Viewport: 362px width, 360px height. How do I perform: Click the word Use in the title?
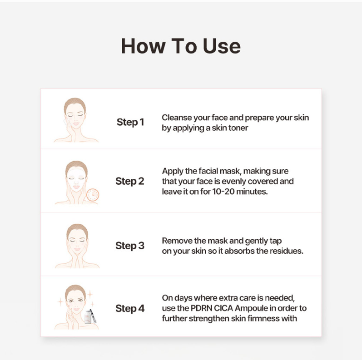pos(222,46)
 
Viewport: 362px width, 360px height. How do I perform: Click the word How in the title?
pos(143,46)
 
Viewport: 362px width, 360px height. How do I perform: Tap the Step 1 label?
pos(130,122)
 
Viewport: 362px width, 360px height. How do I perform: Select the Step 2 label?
pos(130,181)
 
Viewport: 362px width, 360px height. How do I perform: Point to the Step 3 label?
pos(130,246)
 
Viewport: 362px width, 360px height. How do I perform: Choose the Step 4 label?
pos(130,309)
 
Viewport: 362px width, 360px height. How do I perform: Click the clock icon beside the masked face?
pos(93,195)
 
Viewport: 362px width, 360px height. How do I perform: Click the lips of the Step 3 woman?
pos(77,249)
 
